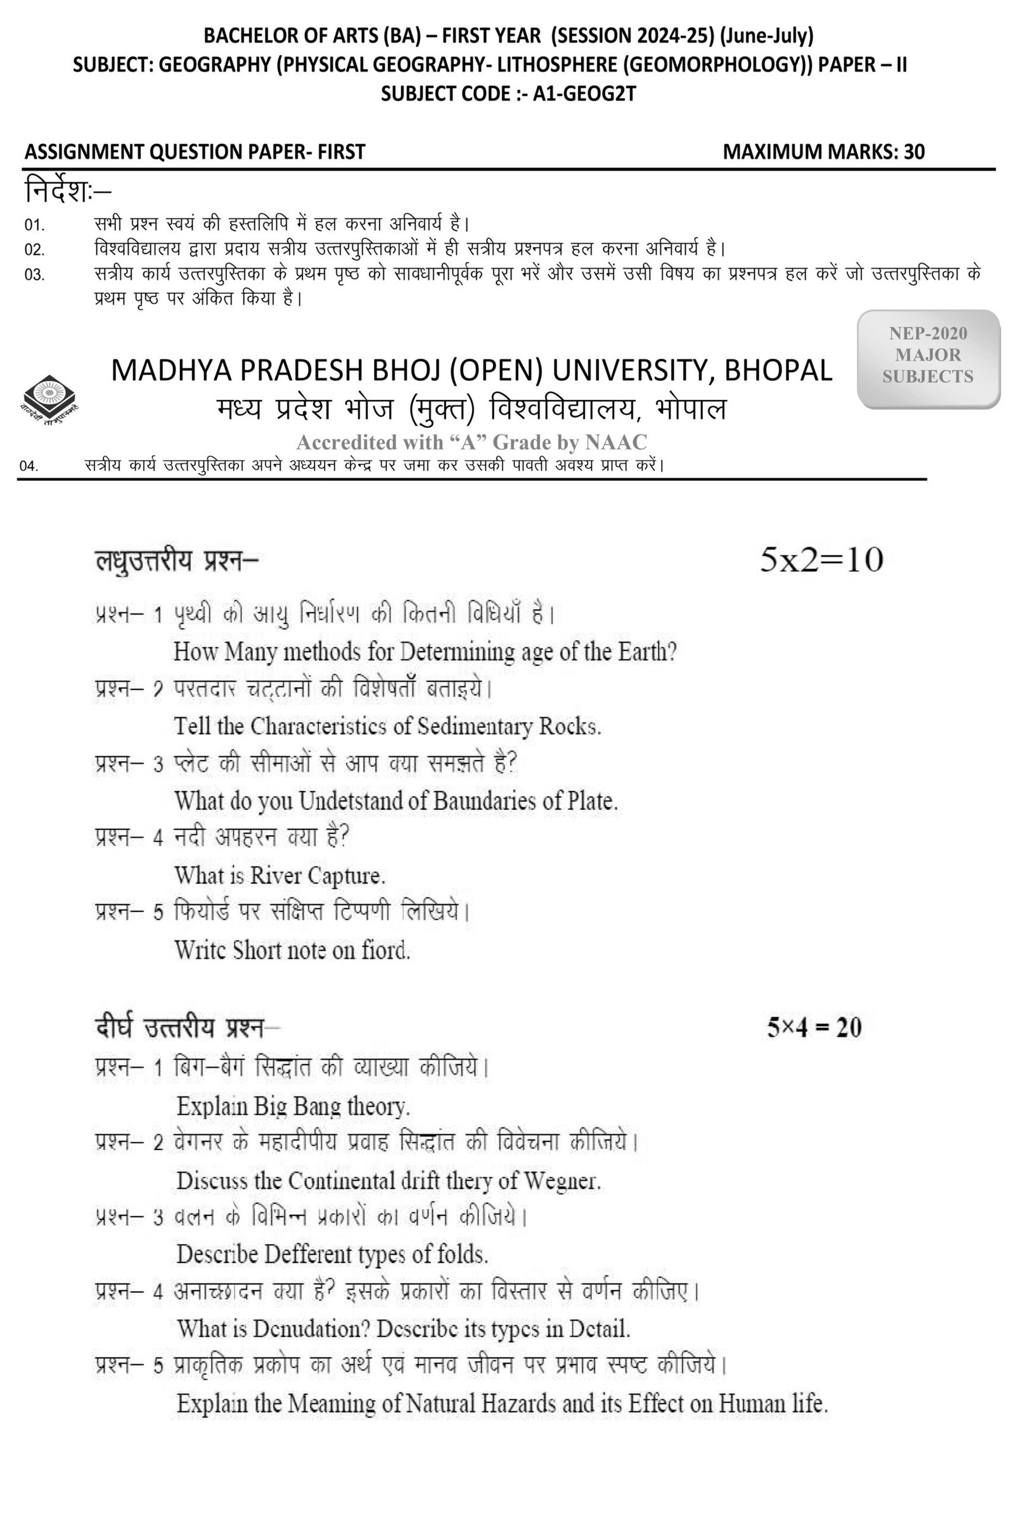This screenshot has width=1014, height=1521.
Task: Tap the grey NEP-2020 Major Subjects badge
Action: [928, 357]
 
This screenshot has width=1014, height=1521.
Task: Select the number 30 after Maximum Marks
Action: [915, 152]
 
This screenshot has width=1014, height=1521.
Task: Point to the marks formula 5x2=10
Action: [821, 560]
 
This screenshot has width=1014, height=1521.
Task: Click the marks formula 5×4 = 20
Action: [814, 1027]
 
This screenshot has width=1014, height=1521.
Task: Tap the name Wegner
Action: [562, 1181]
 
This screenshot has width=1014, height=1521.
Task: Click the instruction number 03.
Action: [34, 275]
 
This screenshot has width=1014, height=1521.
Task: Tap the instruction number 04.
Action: [29, 466]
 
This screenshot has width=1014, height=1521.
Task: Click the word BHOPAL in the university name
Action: [778, 371]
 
